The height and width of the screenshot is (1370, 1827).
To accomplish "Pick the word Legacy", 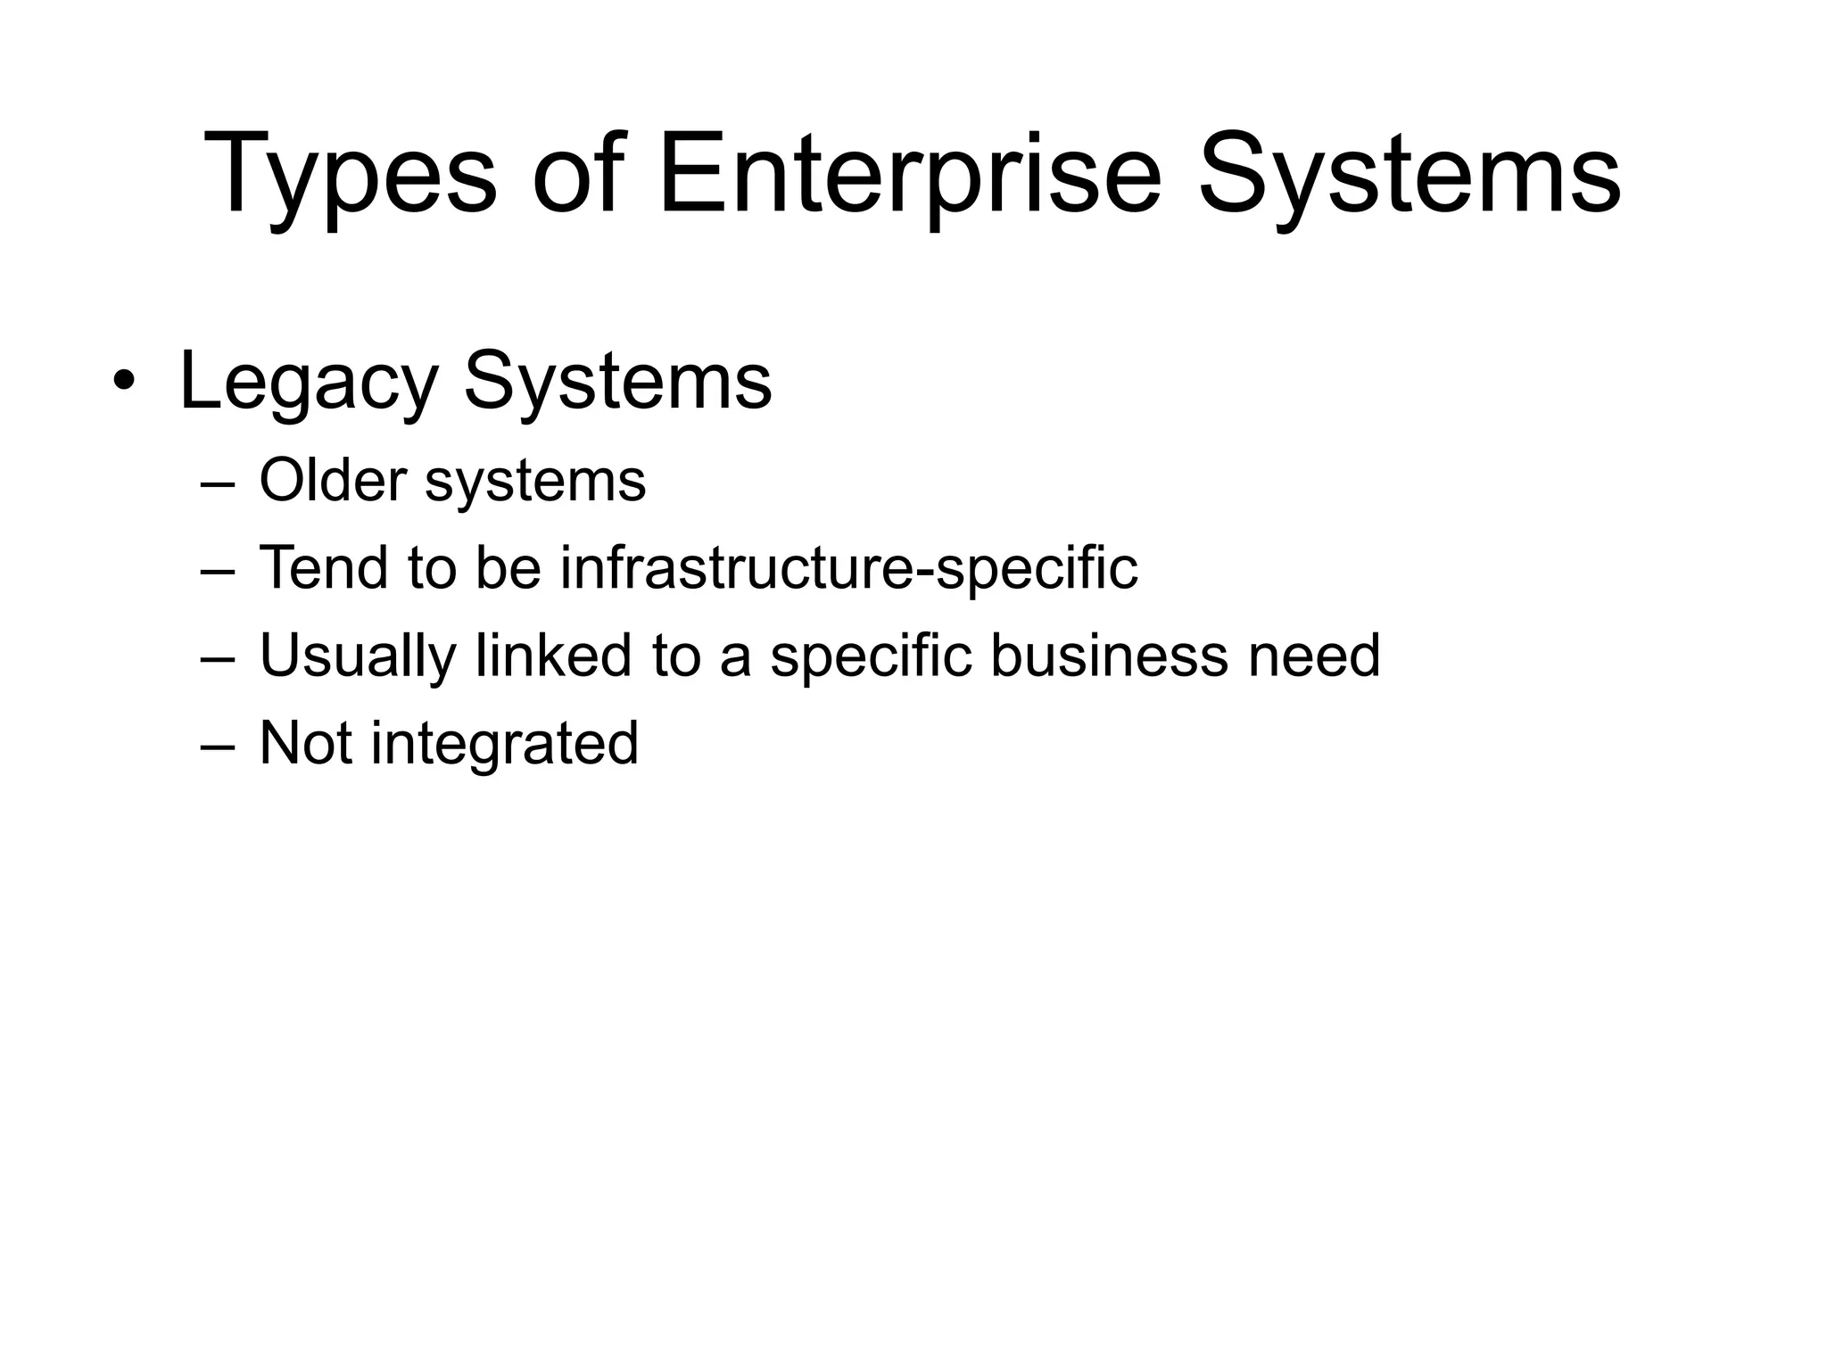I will point(308,384).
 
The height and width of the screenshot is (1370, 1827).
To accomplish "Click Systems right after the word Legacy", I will point(617,384).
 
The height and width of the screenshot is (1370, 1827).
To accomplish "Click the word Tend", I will point(323,567).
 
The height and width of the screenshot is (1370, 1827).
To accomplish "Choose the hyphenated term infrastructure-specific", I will point(848,567).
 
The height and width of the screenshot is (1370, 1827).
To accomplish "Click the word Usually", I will point(357,656).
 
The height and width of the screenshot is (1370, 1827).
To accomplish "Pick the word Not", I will point(305,743).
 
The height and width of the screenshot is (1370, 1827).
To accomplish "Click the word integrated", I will point(505,743).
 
